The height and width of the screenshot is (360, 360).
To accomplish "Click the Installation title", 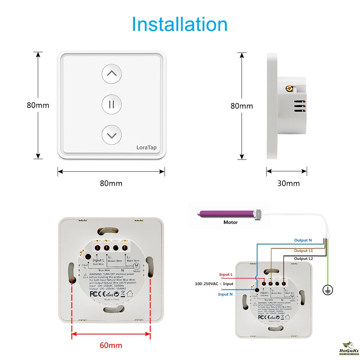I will [180, 24].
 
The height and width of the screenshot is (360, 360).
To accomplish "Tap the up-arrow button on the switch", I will [112, 74].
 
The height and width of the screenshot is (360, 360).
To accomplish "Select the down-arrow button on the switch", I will [112, 135].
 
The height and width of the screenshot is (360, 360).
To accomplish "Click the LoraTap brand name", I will [147, 147].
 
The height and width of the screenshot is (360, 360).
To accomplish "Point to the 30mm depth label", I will [288, 183].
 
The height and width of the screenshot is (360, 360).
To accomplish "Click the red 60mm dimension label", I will [111, 346].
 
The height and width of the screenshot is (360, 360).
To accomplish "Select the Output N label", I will [303, 240].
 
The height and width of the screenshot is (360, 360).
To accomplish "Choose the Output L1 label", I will [303, 251].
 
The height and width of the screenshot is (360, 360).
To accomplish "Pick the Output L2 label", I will [303, 258].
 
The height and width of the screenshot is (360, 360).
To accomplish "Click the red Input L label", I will [226, 275].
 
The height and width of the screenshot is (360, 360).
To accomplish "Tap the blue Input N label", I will [226, 294].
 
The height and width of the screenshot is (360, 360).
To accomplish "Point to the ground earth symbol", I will [328, 290].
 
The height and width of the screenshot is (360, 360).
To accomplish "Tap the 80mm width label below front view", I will [111, 183].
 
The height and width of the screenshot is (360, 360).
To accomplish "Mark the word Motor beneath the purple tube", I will [230, 222].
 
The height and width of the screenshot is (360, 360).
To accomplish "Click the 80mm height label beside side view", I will [242, 106].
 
